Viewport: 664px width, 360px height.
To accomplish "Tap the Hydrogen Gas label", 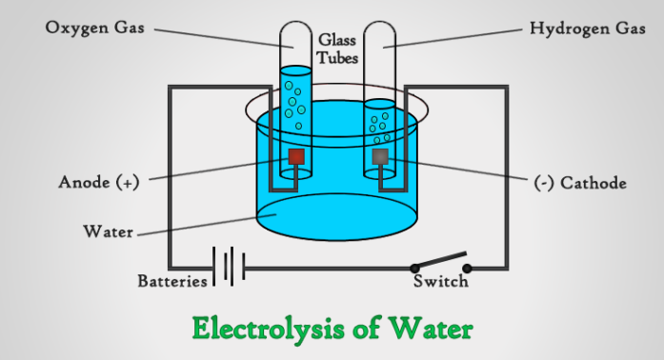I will point(581,29).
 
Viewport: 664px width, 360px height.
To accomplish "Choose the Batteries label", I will point(172,281).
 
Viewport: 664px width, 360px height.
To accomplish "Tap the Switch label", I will point(440,282).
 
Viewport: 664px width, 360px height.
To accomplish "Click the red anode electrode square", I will point(296,156).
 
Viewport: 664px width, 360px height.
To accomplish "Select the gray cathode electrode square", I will point(380,156).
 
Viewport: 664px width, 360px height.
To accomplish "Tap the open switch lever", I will point(441,260).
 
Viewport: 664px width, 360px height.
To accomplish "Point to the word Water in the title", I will point(430,328).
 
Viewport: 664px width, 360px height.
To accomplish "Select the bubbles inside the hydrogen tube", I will point(378,123).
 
